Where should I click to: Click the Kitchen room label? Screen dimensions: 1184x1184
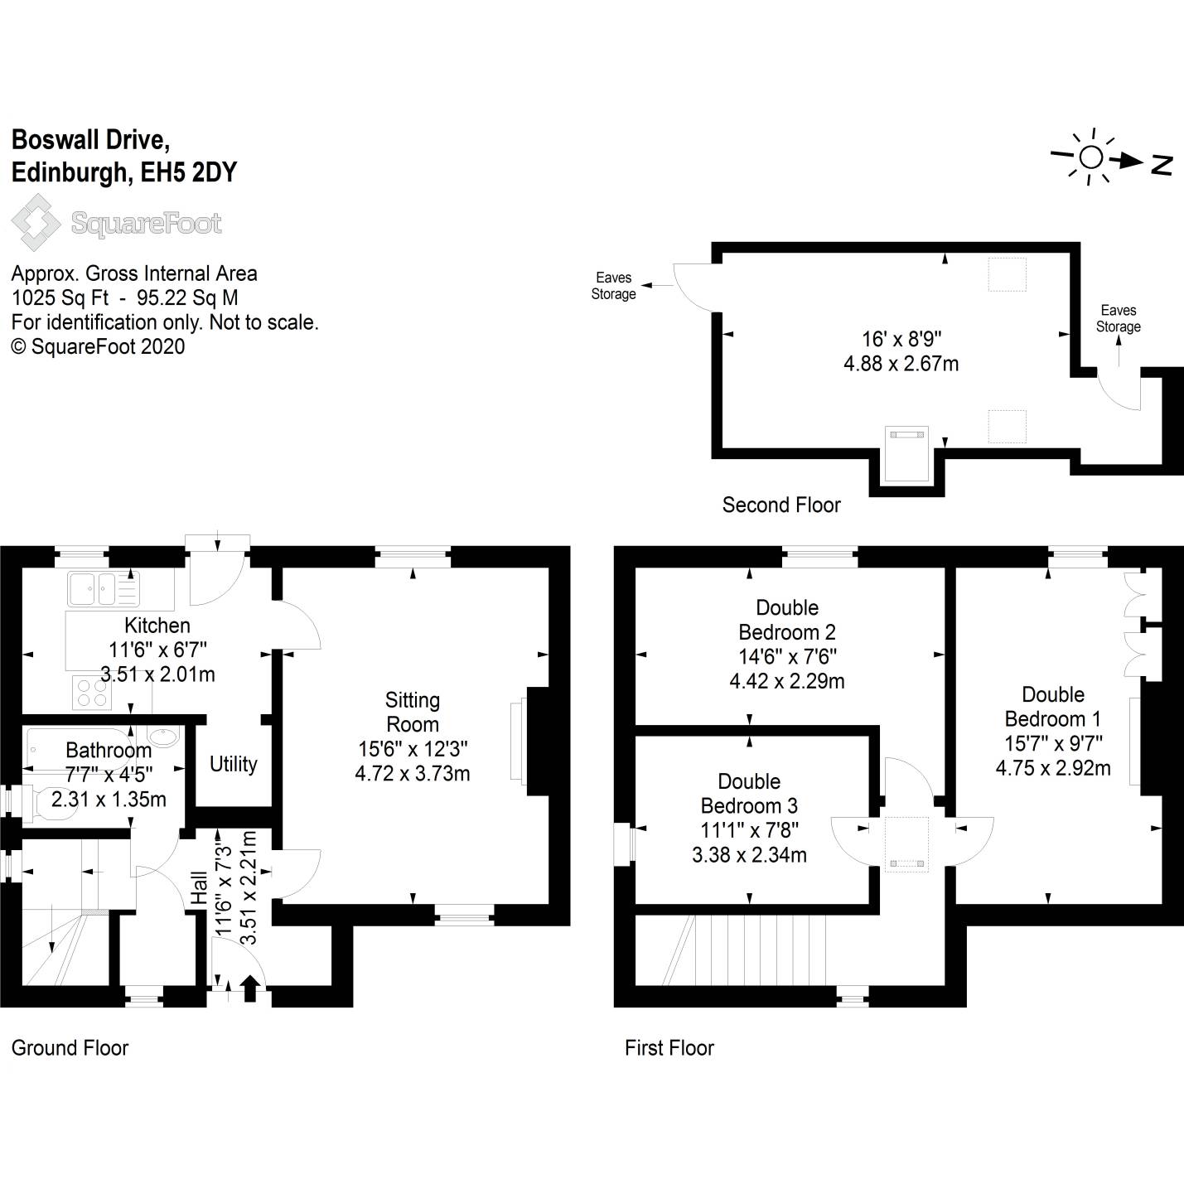click(x=157, y=626)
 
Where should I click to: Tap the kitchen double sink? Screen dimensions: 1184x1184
click(x=104, y=589)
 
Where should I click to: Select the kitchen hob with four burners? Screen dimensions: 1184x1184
click(x=92, y=693)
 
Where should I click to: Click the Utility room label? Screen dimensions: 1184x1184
click(x=233, y=764)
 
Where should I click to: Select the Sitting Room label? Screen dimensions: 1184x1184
click(x=413, y=712)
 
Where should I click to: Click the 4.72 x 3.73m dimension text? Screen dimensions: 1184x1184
click(x=413, y=774)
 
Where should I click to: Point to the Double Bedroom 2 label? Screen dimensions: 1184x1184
click(x=787, y=620)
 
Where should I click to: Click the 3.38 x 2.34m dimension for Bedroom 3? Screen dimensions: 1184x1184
click(x=749, y=855)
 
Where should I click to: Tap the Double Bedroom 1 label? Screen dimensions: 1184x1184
click(x=1053, y=707)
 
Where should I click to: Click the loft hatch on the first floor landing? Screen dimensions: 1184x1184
click(x=906, y=844)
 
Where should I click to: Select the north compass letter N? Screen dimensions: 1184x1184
click(x=1162, y=165)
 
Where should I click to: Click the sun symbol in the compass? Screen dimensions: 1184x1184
click(x=1091, y=157)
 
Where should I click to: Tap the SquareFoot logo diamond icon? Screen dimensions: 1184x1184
click(x=36, y=222)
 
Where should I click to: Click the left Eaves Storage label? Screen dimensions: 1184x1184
click(x=613, y=286)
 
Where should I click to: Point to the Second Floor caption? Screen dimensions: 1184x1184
click(x=781, y=505)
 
